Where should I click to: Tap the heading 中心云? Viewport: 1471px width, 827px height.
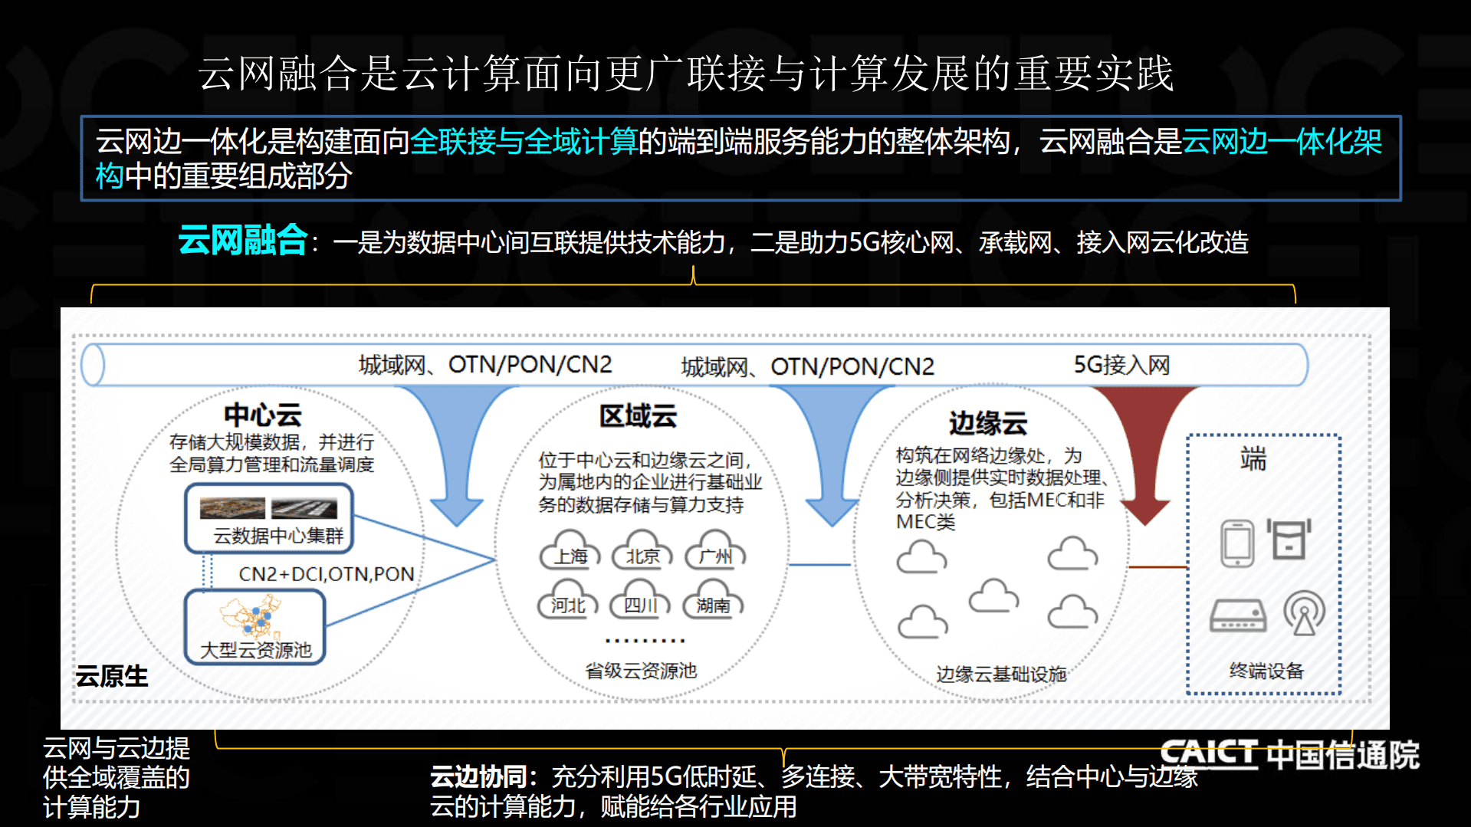(262, 415)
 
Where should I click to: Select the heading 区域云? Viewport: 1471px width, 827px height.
(638, 416)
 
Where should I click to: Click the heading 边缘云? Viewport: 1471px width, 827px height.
(987, 423)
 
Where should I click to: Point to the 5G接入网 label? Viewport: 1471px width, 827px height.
(1121, 365)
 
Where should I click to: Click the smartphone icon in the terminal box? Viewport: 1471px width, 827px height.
(1236, 543)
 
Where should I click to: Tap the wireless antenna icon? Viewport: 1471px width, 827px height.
(1304, 612)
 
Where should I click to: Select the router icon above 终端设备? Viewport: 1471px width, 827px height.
(1237, 615)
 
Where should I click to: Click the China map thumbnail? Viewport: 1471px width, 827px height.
(251, 616)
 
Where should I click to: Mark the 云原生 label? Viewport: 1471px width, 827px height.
(112, 676)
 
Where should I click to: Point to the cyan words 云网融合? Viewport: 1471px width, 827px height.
(242, 240)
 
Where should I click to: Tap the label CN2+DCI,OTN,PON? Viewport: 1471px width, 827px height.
(326, 574)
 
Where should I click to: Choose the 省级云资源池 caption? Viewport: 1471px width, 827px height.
(641, 671)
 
